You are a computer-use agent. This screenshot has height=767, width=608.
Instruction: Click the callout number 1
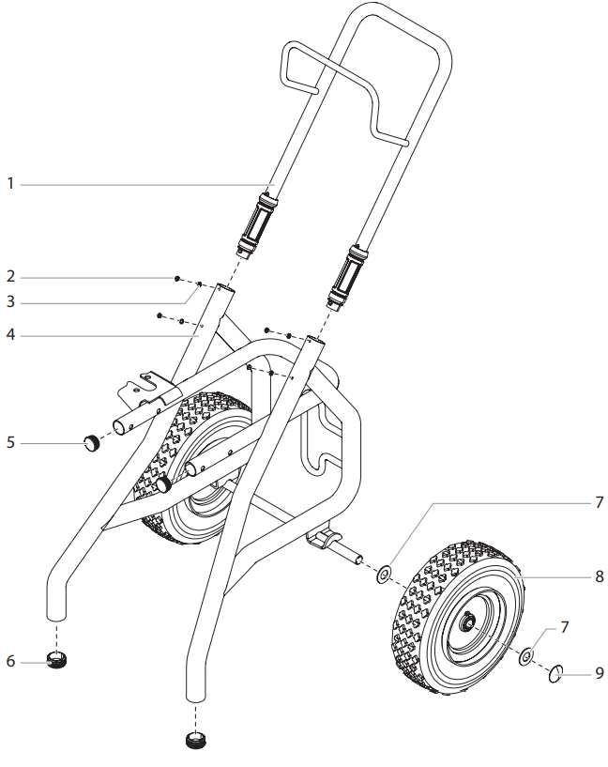click(x=11, y=185)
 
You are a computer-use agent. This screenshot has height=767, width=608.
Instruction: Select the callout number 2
click(x=11, y=278)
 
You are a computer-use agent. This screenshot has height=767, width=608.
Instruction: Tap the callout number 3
click(x=11, y=302)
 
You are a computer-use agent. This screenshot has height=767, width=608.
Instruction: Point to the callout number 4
click(x=11, y=333)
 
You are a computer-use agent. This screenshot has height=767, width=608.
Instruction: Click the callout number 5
click(x=11, y=441)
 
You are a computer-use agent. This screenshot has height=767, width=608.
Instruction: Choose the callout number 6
click(x=11, y=662)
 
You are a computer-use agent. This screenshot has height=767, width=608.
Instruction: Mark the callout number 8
click(x=599, y=576)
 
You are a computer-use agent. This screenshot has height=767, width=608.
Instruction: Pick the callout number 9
click(x=599, y=673)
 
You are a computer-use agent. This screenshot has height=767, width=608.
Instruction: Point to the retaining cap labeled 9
click(x=556, y=672)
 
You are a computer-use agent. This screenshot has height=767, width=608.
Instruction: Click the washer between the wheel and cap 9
click(x=527, y=655)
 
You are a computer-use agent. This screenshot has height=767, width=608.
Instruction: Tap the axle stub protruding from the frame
click(x=356, y=557)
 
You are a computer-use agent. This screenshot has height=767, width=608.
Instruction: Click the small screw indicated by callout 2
click(x=177, y=279)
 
